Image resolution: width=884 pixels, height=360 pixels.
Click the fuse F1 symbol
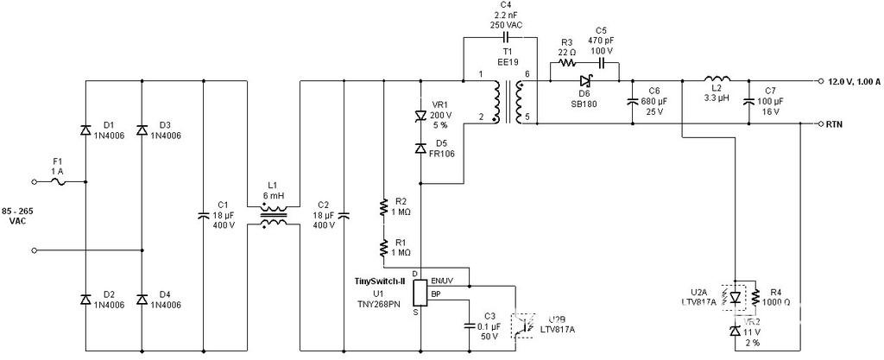pos(71,181)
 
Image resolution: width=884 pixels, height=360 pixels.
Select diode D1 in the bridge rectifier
pos(85,130)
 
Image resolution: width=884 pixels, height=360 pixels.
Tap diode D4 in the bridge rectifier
pos(142,299)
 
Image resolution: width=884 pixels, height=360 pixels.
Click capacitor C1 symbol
pos(203,215)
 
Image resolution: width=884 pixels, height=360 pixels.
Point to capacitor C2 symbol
pos(344,215)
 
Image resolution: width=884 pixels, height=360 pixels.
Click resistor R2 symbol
pos(382,206)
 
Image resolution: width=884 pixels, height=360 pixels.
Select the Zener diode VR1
pos(420,116)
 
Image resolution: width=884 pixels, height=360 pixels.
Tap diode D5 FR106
pos(420,148)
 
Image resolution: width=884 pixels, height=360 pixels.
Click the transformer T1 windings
pos(508,103)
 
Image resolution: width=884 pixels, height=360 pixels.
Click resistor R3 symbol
pos(566,62)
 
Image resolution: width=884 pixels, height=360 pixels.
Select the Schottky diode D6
pos(584,82)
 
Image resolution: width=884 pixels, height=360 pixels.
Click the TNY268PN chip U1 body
pos(420,294)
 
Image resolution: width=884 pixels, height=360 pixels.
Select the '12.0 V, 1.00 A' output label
pos(853,82)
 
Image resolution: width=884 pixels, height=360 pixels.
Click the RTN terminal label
pos(835,124)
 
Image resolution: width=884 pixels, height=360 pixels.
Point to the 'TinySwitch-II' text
pos(380,281)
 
